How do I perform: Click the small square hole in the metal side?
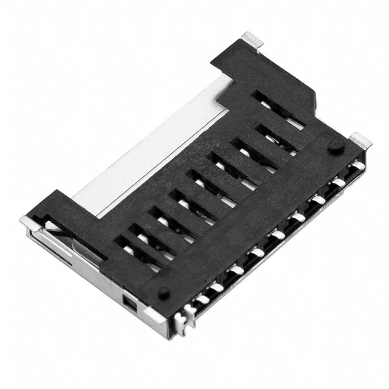pos(128,302)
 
